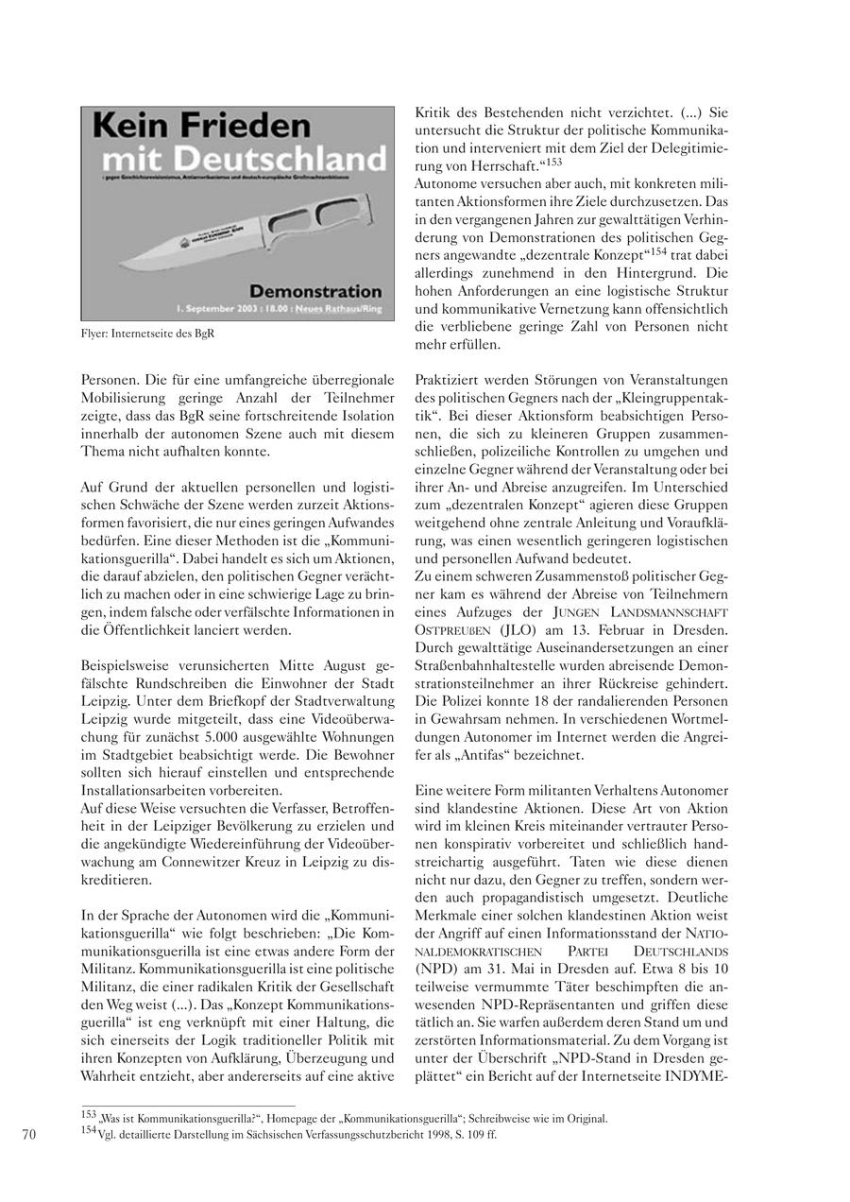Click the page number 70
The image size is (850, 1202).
tap(28, 1135)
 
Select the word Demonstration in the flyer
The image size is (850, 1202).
tap(315, 291)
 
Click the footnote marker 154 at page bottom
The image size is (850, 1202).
tap(90, 1131)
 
